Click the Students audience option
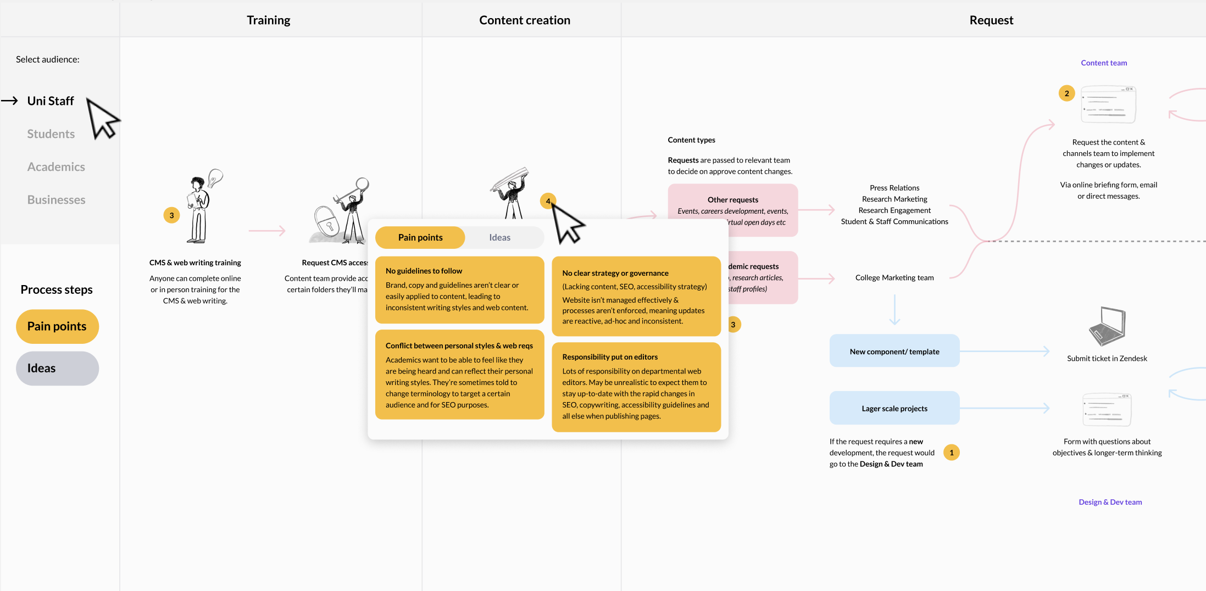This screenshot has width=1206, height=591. (x=51, y=134)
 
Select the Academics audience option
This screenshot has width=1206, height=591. (x=56, y=167)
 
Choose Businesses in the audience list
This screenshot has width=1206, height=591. (x=56, y=200)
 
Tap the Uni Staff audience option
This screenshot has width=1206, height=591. (x=51, y=101)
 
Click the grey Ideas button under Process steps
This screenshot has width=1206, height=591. (x=57, y=368)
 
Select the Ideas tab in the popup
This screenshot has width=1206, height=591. (x=499, y=237)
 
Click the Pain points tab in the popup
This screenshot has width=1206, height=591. (x=420, y=237)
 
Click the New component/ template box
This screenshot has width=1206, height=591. (x=894, y=352)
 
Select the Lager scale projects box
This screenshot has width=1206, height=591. (x=894, y=408)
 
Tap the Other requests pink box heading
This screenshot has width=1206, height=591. (x=732, y=200)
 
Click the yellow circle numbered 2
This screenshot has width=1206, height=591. (x=1066, y=93)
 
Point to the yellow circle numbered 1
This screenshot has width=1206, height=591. (x=951, y=453)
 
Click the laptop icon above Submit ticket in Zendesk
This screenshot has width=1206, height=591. (x=1107, y=326)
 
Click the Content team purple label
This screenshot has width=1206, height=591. (x=1103, y=63)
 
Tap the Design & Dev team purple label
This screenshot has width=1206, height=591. (x=1110, y=502)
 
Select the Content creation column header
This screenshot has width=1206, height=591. (x=524, y=20)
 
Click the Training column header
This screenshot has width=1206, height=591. (x=268, y=20)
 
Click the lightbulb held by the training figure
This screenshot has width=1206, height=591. (x=215, y=177)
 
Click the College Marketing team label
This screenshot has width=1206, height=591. (x=894, y=278)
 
